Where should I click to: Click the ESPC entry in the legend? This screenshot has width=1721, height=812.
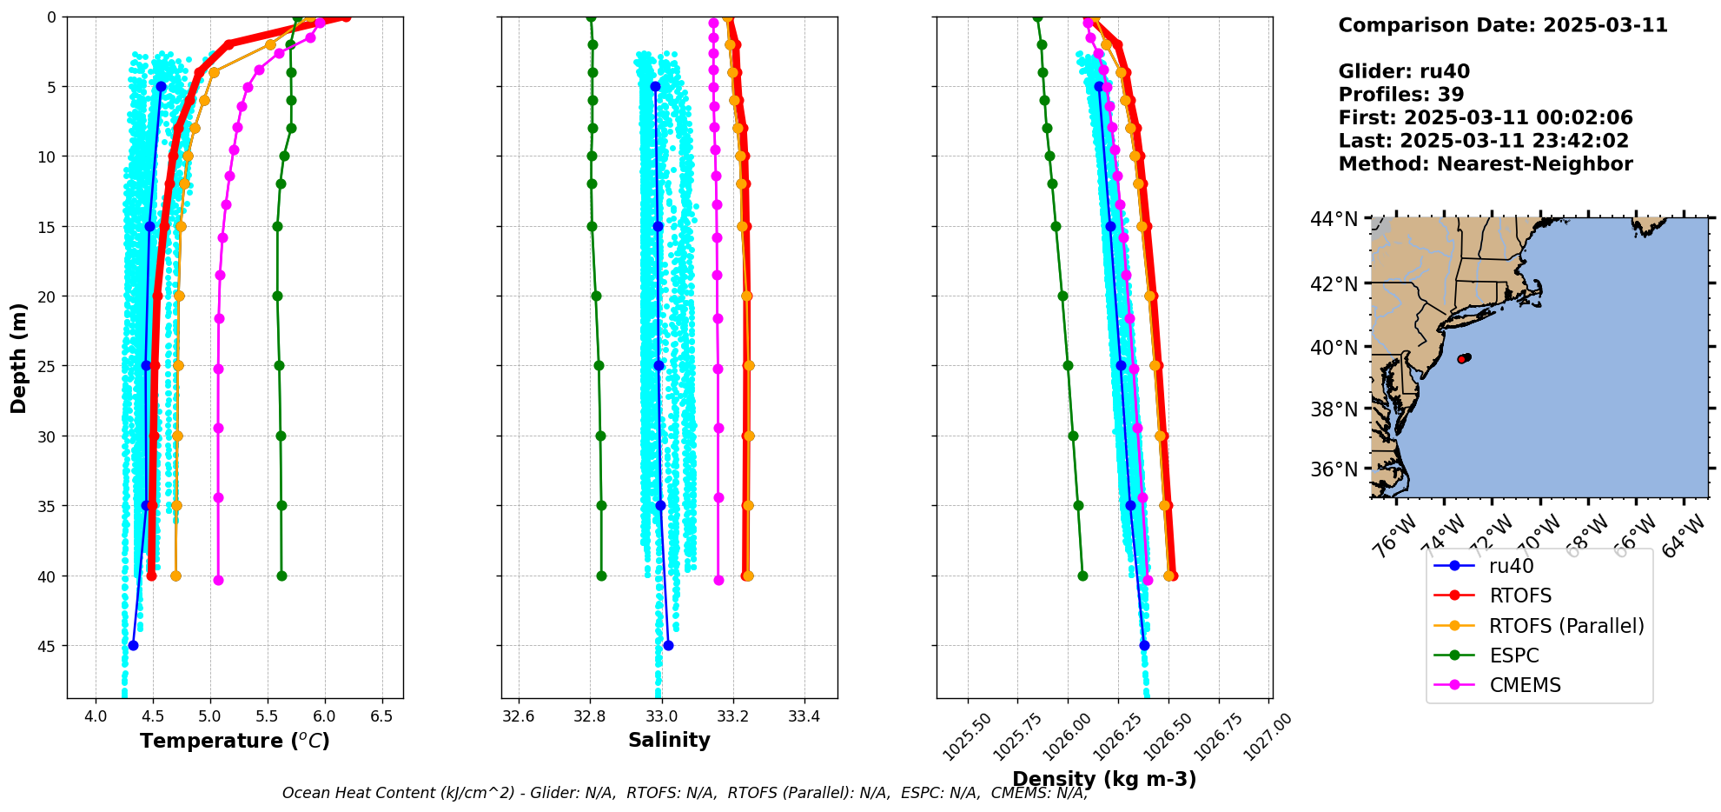[x=1513, y=656]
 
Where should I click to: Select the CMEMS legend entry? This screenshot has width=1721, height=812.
[x=1525, y=685]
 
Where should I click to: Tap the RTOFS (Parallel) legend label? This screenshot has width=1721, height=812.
[x=1566, y=626]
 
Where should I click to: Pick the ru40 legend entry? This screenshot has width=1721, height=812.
[x=1511, y=566]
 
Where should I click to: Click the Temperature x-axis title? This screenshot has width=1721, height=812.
[x=235, y=741]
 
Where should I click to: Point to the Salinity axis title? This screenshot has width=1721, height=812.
[x=669, y=740]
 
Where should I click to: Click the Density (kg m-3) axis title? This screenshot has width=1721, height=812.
[x=1104, y=779]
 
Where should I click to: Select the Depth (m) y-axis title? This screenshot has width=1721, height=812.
[x=19, y=357]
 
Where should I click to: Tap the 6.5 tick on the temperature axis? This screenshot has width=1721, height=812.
[x=381, y=717]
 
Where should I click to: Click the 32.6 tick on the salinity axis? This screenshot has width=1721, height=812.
[x=519, y=717]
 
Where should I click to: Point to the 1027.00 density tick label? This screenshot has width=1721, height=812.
[x=1269, y=737]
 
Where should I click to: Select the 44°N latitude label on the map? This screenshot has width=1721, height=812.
[x=1334, y=219]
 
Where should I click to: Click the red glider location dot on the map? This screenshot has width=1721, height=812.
[x=1462, y=358]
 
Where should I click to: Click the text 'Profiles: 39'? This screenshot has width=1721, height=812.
[x=1400, y=95]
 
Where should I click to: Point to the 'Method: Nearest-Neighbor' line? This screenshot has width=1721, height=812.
[x=1485, y=164]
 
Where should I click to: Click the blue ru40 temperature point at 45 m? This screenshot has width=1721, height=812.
[x=133, y=645]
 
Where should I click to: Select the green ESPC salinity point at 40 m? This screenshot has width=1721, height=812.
[x=601, y=576]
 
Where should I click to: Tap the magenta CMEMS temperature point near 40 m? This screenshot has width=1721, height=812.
[x=218, y=580]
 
